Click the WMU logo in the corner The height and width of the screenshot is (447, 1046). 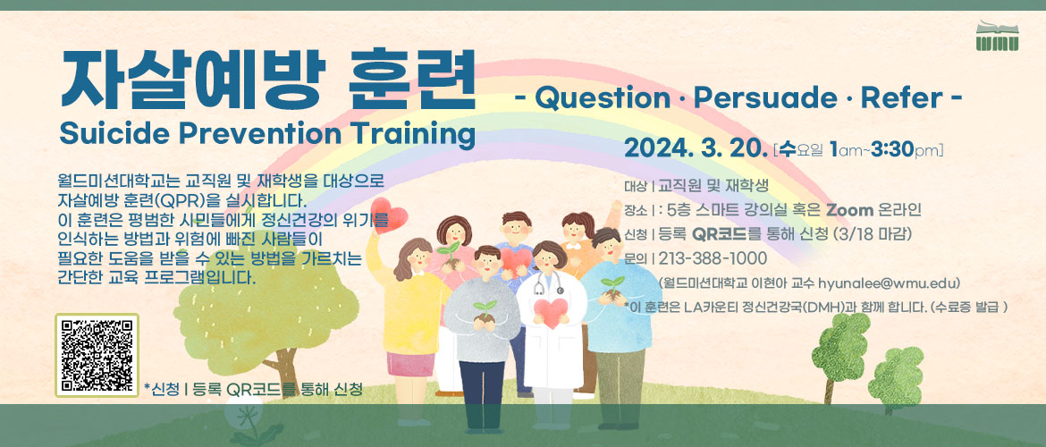pos(998,36)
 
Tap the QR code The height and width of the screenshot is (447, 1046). pos(97,355)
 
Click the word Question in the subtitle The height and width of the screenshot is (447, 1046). pos(602,98)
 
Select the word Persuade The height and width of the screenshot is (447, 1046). pos(764,98)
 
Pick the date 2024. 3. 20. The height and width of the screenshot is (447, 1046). pos(696,148)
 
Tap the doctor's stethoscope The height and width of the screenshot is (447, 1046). pos(549,283)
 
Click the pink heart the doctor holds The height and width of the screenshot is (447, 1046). pos(552,312)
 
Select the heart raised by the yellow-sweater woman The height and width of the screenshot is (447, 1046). pos(389,215)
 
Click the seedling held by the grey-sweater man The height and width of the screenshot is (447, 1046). pos(485,309)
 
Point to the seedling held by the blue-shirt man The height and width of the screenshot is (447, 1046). pos(612,283)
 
